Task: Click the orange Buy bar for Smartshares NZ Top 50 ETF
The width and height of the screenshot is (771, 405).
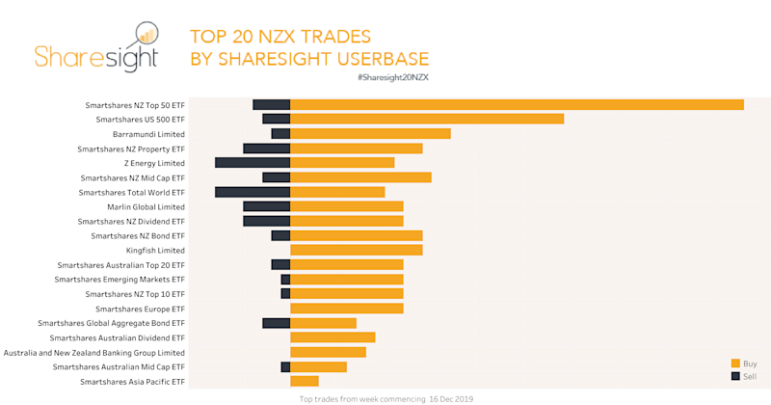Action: (517, 104)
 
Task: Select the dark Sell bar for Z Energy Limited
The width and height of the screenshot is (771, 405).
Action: (253, 162)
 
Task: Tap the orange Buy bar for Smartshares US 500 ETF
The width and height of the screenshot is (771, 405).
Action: (427, 119)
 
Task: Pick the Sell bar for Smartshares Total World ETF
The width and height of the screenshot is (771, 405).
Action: (253, 192)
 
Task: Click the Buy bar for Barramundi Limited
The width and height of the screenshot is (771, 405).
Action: (370, 133)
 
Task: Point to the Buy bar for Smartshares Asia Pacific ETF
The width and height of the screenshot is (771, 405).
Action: (304, 381)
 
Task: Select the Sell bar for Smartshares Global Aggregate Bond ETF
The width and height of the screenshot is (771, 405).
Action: (276, 323)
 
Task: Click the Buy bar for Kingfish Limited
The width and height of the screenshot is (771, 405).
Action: (356, 250)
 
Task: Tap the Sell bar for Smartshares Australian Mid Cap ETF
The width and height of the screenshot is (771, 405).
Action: (285, 366)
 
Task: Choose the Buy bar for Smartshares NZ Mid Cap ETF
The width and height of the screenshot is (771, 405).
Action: (360, 177)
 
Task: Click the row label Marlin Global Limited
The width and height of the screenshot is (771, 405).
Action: (146, 206)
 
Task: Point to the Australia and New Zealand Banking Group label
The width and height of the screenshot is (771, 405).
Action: (93, 353)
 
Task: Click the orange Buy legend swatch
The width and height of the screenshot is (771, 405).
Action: (735, 363)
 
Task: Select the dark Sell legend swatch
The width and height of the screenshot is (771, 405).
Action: (735, 375)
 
